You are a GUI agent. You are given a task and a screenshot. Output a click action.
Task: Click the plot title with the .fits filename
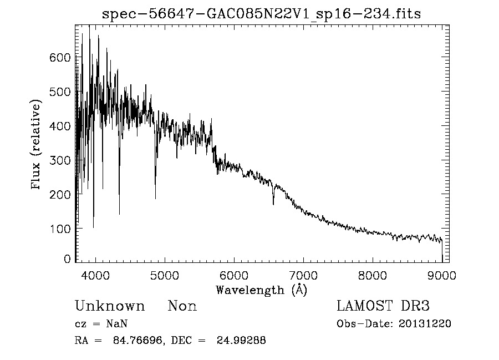(x=261, y=14)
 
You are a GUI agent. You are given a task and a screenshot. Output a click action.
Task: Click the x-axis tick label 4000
(x=95, y=275)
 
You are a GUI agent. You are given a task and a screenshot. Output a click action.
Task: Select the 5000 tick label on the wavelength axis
(x=165, y=275)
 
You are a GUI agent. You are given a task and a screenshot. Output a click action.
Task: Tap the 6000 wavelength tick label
(x=234, y=275)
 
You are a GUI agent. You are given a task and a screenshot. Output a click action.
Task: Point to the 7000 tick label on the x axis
(x=303, y=275)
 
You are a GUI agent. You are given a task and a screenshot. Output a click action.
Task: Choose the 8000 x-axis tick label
(x=373, y=275)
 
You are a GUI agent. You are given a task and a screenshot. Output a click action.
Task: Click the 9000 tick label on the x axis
(x=442, y=275)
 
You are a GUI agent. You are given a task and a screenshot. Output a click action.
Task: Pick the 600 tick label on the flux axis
(x=60, y=58)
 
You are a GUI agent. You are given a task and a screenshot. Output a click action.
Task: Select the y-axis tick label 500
(x=60, y=92)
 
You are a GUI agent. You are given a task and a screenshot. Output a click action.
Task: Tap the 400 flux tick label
(x=60, y=126)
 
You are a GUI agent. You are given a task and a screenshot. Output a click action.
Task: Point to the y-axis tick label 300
(x=60, y=160)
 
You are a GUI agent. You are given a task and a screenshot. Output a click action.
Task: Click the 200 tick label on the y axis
(x=60, y=195)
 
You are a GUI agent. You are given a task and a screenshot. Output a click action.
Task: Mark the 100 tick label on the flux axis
(x=60, y=229)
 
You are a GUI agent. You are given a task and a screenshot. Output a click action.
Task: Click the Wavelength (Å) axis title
(x=261, y=290)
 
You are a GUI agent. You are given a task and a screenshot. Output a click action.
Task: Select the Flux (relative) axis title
(x=37, y=145)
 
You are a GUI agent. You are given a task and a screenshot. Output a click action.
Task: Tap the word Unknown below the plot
(x=110, y=306)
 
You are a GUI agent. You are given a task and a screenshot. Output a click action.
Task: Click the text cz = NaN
(x=102, y=323)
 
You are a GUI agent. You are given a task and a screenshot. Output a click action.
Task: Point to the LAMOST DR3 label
(x=383, y=306)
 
